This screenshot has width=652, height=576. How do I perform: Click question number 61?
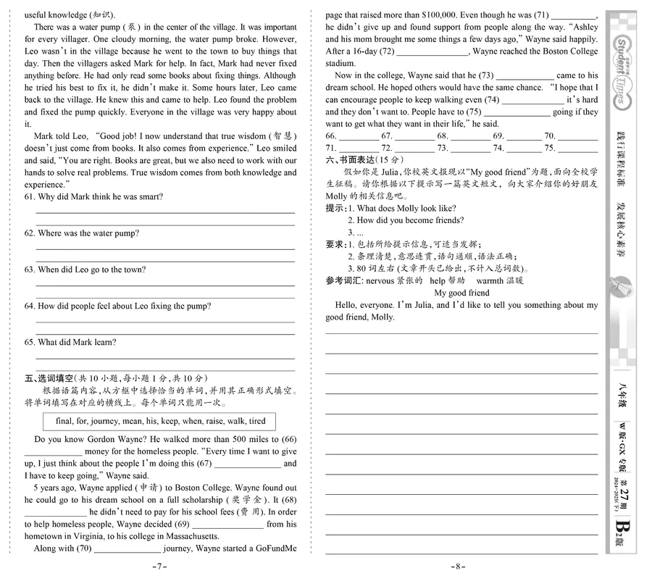point(29,197)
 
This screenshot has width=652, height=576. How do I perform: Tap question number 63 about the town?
point(29,270)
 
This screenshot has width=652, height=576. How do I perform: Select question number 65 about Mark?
point(29,342)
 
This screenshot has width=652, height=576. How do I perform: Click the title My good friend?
point(461,293)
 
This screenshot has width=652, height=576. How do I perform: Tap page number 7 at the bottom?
point(160,567)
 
